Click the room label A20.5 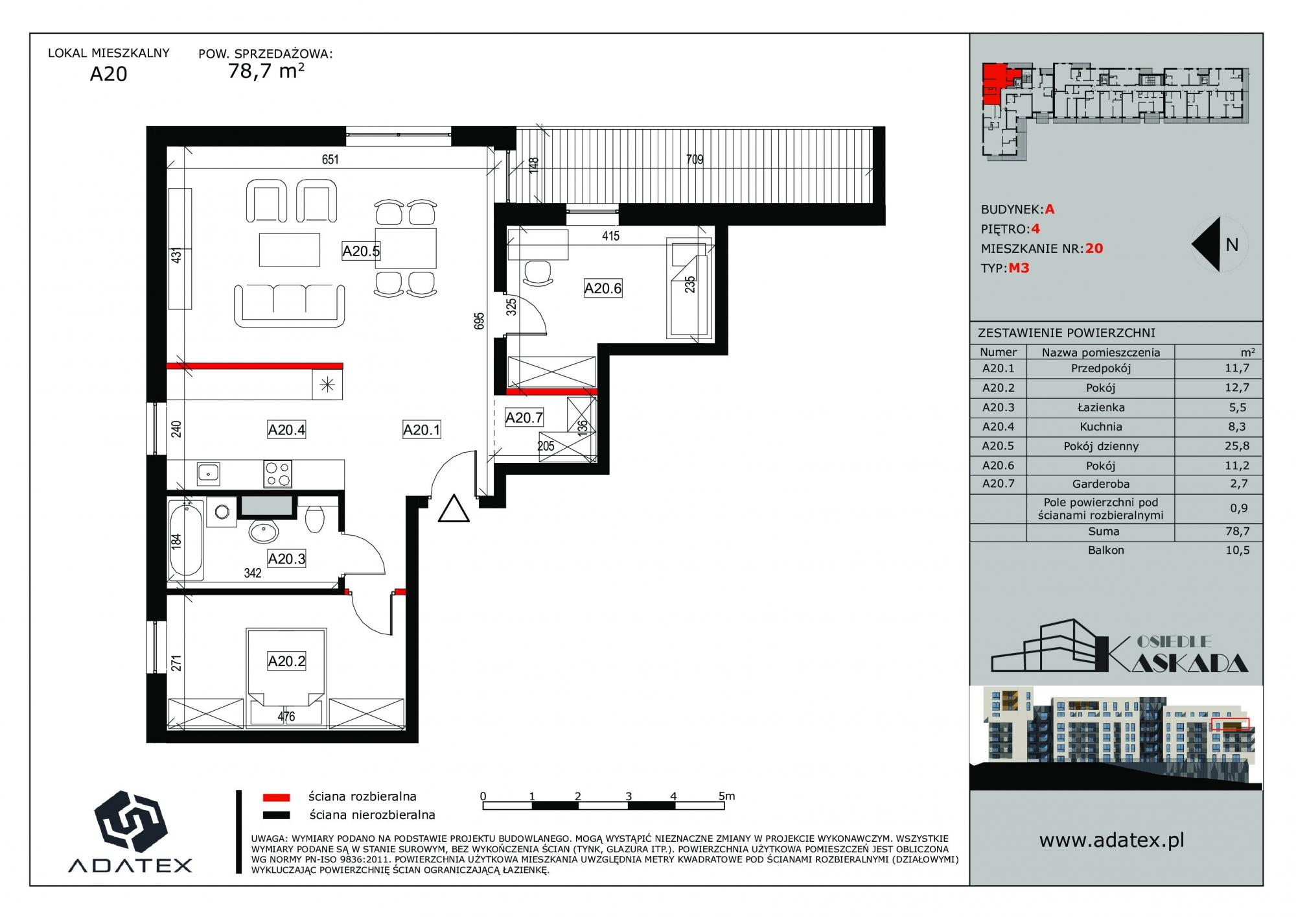361,251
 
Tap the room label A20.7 524,418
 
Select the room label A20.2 286,661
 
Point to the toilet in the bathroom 314,517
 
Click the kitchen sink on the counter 208,473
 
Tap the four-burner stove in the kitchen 277,473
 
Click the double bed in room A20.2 286,676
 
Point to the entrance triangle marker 454,509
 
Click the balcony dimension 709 695,160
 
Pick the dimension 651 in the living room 330,160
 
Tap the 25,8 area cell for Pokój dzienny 1237,446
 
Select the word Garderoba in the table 1101,484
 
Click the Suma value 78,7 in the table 1237,531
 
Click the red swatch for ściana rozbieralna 276,797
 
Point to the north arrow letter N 1232,245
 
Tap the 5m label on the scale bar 726,796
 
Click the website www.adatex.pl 1111,840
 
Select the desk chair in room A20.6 538,272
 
